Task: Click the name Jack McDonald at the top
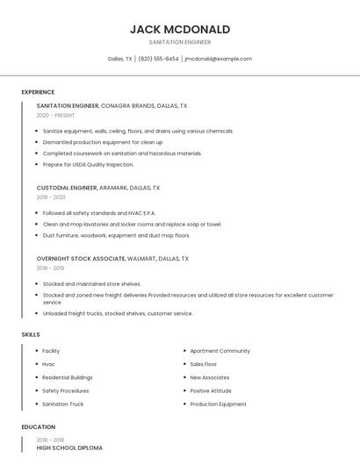180,29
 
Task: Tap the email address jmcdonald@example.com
218,59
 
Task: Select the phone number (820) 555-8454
158,59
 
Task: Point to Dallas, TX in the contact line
120,59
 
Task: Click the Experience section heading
38,92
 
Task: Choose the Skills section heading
31,334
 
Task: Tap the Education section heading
38,427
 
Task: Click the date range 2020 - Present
55,115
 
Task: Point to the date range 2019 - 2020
52,197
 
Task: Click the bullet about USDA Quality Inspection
89,164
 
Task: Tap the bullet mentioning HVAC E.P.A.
98,212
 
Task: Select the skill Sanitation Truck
63,404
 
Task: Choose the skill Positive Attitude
211,390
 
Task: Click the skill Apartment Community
220,351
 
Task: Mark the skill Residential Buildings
68,377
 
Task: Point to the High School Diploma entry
69,447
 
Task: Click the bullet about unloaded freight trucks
118,313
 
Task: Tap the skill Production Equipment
219,404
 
